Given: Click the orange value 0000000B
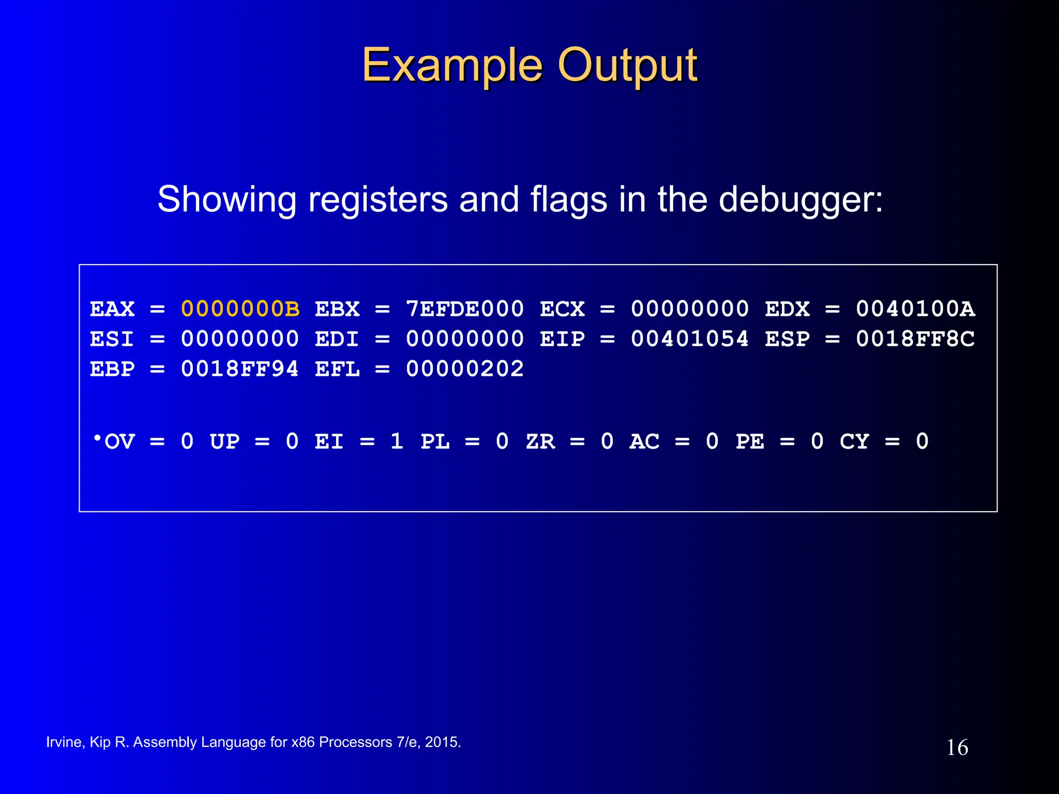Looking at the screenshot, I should (x=240, y=309).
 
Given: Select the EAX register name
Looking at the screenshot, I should (x=112, y=309).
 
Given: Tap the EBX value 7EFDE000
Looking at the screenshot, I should (x=465, y=309).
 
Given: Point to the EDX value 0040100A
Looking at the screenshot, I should (x=915, y=309).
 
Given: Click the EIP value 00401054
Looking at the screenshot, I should (x=690, y=339).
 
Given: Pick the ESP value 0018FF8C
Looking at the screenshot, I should (x=915, y=339).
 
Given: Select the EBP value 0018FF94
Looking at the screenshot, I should (x=240, y=369).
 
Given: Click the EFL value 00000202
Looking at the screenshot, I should (x=465, y=369).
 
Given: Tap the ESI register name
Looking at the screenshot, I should (x=112, y=339).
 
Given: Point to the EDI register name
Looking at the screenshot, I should (x=337, y=339).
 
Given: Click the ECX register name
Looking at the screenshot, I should (x=563, y=309).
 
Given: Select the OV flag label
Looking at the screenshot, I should (x=119, y=441).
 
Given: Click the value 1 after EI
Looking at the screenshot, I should (x=397, y=441).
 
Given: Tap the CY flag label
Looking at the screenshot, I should (x=854, y=441).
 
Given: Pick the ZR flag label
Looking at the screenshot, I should (x=540, y=441).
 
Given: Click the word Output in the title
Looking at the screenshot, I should (x=628, y=66).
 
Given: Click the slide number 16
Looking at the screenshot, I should (x=957, y=747).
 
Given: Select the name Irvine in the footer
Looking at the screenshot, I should (x=64, y=742).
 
